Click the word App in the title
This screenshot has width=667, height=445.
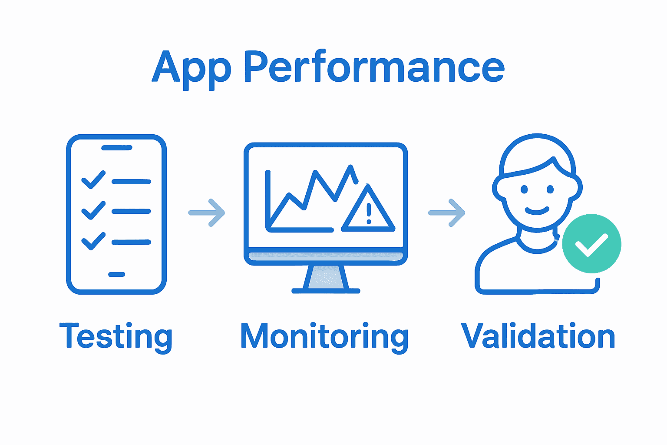(192, 68)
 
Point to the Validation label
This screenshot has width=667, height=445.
(538, 336)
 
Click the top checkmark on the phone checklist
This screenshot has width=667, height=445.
(93, 179)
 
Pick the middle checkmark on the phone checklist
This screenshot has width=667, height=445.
(93, 210)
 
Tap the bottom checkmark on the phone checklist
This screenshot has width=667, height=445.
(93, 241)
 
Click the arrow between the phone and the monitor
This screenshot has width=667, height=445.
(207, 213)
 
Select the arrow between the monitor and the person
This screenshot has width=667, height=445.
(447, 213)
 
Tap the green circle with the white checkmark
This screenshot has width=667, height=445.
(591, 244)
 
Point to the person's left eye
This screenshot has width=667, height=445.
(524, 189)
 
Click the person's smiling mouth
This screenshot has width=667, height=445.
(537, 212)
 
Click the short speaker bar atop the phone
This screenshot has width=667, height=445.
(116, 148)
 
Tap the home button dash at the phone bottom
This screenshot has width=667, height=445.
(116, 274)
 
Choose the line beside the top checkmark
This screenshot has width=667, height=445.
(131, 182)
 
